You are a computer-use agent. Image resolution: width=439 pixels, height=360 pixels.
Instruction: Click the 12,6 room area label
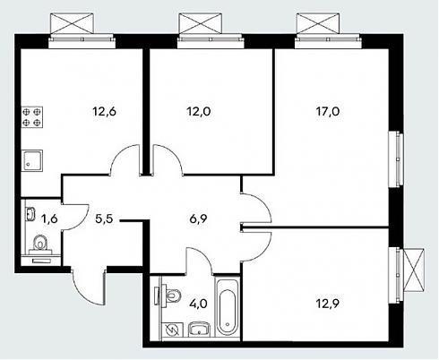104,112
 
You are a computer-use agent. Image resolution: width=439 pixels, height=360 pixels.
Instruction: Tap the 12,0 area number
199,112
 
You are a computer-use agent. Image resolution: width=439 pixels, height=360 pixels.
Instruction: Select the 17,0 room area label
328,112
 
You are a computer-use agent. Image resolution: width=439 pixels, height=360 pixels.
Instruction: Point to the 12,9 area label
328,304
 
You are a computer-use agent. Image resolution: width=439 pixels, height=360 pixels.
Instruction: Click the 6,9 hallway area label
198,219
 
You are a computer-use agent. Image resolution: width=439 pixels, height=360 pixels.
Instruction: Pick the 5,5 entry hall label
104,219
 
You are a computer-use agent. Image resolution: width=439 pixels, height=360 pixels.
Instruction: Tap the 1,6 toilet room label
49,219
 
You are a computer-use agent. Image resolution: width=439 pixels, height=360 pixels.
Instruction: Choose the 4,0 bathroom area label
198,304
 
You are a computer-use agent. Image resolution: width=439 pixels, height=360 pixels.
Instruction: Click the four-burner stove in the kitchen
31,116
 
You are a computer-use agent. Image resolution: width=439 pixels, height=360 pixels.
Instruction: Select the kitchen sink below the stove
32,161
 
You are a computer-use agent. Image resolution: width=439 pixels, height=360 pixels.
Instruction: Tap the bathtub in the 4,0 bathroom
228,307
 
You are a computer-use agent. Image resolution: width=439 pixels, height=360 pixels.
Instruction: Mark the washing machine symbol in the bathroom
172,330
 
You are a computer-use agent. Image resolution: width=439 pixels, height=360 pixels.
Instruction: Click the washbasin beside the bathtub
199,329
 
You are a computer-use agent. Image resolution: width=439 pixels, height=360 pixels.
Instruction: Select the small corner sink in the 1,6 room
30,214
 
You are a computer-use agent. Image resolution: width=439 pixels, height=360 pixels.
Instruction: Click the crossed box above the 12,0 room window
200,23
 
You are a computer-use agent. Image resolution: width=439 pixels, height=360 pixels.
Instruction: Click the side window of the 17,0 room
396,159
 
